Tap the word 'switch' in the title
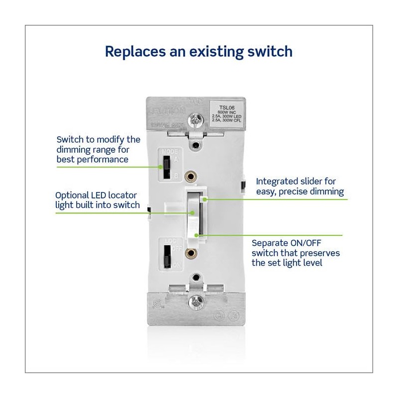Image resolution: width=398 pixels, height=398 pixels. coord(268,51)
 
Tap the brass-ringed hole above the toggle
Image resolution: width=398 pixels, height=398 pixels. coord(189,177)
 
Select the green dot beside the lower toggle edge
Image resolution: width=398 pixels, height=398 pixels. coord(198,234)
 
